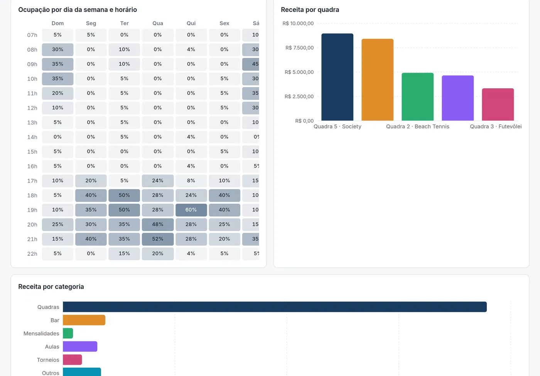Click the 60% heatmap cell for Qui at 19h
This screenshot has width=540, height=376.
[x=191, y=210]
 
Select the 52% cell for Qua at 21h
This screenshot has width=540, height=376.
[x=158, y=239]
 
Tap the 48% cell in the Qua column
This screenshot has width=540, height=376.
[x=158, y=224]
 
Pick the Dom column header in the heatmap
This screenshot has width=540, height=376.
[x=57, y=23]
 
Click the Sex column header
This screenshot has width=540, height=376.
[x=224, y=23]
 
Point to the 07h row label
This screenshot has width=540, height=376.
[x=32, y=35]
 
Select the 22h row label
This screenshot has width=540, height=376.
[x=32, y=254]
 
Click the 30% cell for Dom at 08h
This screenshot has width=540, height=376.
[x=57, y=50]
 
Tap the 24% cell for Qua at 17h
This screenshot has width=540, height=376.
[x=158, y=181]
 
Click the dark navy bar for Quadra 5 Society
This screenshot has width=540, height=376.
[x=337, y=77]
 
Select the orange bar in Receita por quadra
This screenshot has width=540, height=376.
[x=378, y=80]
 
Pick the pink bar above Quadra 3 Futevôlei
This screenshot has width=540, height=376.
[x=498, y=104]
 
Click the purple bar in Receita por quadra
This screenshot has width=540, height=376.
[x=458, y=98]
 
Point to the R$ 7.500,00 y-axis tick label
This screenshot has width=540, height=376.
[x=299, y=48]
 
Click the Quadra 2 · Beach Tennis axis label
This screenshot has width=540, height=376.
[x=417, y=127]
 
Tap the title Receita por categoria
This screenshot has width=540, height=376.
[x=51, y=287]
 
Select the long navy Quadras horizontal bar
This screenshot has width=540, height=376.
[x=275, y=307]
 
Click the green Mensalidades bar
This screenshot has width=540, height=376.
[x=68, y=333]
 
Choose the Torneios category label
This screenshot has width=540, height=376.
[x=48, y=360]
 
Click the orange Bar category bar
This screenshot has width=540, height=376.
[x=84, y=320]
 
